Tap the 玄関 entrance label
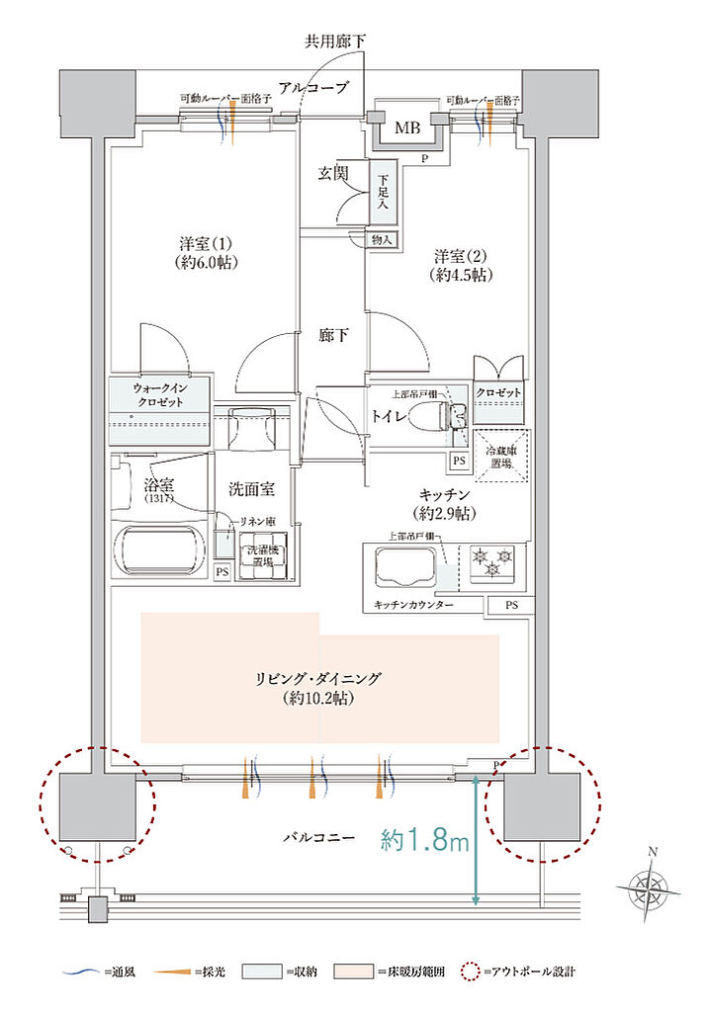332,173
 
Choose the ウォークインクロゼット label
159,396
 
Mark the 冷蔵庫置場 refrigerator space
500,456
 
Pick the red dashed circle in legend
469,971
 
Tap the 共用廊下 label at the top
334,42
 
